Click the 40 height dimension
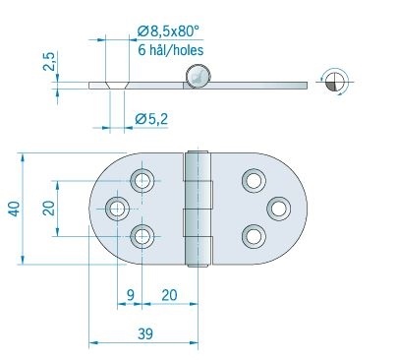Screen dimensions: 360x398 [12, 208]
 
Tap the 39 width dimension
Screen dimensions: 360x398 [144, 334]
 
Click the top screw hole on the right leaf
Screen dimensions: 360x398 [254, 181]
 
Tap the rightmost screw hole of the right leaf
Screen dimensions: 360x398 [280, 208]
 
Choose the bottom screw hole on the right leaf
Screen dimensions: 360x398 [254, 235]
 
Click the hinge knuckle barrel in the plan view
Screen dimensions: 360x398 [199, 208]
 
